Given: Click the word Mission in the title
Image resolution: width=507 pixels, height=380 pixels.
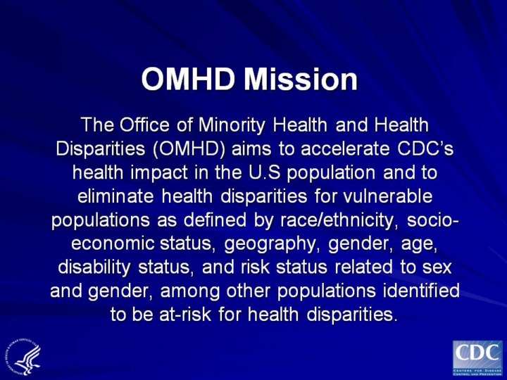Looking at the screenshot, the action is pos(301,79).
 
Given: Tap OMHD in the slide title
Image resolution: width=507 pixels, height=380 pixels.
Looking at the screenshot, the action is pos(188,79).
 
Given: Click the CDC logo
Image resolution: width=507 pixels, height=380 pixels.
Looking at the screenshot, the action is pos(477,358).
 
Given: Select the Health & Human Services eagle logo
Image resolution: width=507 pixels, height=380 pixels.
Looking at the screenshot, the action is pos(23,356).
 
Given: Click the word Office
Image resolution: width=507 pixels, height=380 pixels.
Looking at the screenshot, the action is pos(144,125).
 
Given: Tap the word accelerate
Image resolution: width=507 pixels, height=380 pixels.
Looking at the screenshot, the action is pos(345,148).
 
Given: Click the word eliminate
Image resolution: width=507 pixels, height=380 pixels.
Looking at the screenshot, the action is pos(115,196).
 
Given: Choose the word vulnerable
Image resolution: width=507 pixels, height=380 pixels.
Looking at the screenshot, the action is pos(387,196).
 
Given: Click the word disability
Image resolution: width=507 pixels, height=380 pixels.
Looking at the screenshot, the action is pos(94,268).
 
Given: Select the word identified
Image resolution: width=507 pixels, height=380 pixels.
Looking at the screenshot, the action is pos(421,291).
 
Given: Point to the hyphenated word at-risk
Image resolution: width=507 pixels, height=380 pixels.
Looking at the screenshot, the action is pos(185,315).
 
